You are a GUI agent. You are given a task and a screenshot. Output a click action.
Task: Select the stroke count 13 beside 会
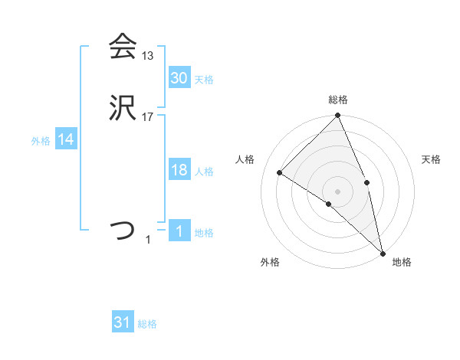pyautogui.click(x=148, y=56)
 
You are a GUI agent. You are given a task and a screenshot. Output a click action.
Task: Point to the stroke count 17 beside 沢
pyautogui.click(x=148, y=116)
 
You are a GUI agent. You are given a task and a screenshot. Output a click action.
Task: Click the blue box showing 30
pyautogui.click(x=179, y=78)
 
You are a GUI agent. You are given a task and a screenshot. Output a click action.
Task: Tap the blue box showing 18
pyautogui.click(x=179, y=171)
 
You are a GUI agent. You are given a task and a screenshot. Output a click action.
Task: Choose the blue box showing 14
pyautogui.click(x=66, y=140)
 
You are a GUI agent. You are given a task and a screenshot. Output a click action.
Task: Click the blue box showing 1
pyautogui.click(x=179, y=231)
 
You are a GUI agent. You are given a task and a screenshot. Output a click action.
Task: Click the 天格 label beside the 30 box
pyautogui.click(x=204, y=80)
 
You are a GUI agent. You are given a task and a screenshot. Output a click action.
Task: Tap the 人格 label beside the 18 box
pyautogui.click(x=204, y=172)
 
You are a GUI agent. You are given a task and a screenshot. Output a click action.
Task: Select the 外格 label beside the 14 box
pyautogui.click(x=41, y=141)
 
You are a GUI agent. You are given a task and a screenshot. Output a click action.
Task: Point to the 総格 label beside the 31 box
pyautogui.click(x=147, y=324)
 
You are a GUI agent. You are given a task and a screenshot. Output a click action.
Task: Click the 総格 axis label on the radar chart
pyautogui.click(x=338, y=100)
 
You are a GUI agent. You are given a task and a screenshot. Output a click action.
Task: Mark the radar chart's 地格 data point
pyautogui.click(x=383, y=253)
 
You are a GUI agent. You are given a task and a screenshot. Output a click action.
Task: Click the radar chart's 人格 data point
pyautogui.click(x=280, y=172)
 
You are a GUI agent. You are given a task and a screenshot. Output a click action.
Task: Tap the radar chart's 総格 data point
pyautogui.click(x=338, y=116)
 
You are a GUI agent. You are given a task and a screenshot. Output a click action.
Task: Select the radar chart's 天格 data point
pyautogui.click(x=367, y=182)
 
